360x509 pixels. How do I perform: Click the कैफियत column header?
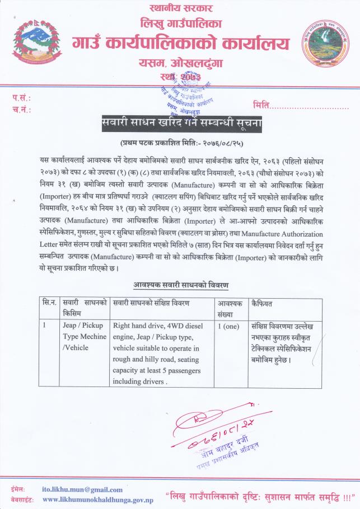(264, 303)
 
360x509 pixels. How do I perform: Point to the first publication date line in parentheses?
(180, 143)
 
